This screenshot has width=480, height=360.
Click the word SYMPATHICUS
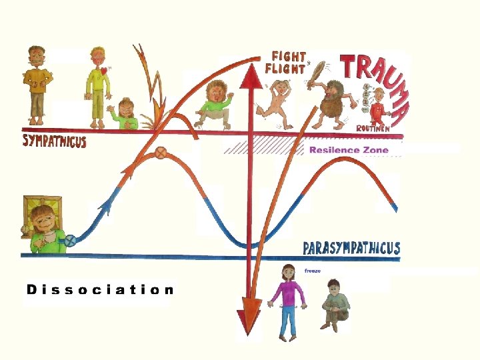pyautogui.click(x=55, y=141)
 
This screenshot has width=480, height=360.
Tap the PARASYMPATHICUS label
pyautogui.click(x=351, y=249)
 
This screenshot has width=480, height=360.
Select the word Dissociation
pyautogui.click(x=100, y=289)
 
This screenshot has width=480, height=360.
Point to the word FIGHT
pyautogui.click(x=289, y=57)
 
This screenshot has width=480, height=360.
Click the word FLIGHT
pyautogui.click(x=285, y=68)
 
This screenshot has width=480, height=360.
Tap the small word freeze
pyautogui.click(x=313, y=271)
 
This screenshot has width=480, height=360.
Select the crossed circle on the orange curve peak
pyautogui.click(x=160, y=153)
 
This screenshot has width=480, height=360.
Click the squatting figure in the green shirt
pyautogui.click(x=215, y=103)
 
